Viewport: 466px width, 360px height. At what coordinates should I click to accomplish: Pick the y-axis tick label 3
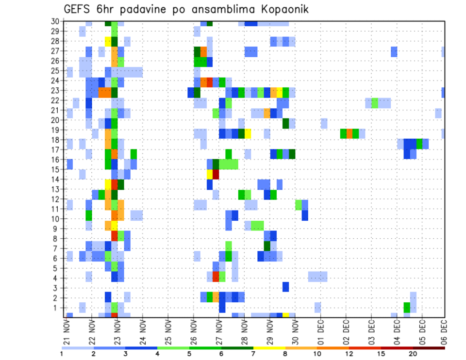point(57,288)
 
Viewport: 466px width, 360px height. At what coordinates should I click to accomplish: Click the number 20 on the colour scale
point(413,354)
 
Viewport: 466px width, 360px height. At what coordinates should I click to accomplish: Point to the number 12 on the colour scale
point(349,354)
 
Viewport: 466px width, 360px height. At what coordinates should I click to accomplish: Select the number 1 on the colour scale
point(62,354)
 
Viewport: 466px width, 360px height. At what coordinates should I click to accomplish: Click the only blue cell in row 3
point(286,287)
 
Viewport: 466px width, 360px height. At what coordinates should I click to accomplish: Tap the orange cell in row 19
point(349,133)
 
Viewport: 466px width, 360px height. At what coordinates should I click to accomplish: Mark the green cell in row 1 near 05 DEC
point(407,307)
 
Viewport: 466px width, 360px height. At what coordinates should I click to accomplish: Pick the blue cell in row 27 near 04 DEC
point(394,51)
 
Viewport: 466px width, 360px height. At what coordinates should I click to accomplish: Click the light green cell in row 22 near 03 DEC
point(375,103)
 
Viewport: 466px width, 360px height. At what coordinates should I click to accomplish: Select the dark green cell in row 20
point(286,123)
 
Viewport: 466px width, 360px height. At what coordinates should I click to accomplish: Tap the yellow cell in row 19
point(248,133)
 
